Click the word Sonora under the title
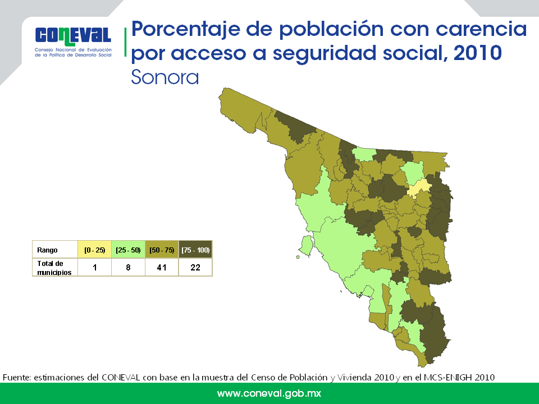pyautogui.click(x=165, y=77)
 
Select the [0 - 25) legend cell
pyautogui.click(x=94, y=250)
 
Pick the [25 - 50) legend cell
pyautogui.click(x=128, y=250)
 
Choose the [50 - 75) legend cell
pyautogui.click(x=162, y=250)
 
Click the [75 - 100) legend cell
pyautogui.click(x=195, y=250)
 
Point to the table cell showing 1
pyautogui.click(x=94, y=267)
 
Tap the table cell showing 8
pyautogui.click(x=128, y=267)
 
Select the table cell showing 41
pyautogui.click(x=162, y=267)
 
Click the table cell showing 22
pyautogui.click(x=195, y=267)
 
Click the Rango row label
pyautogui.click(x=47, y=250)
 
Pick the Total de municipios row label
pyautogui.click(x=54, y=268)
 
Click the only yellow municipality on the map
pyautogui.click(x=419, y=188)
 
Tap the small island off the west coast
pyautogui.click(x=306, y=246)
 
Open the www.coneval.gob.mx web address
pyautogui.click(x=269, y=393)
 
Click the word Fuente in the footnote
pyautogui.click(x=17, y=377)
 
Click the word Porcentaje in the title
pyautogui.click(x=186, y=29)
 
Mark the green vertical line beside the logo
pyautogui.click(x=125, y=42)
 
